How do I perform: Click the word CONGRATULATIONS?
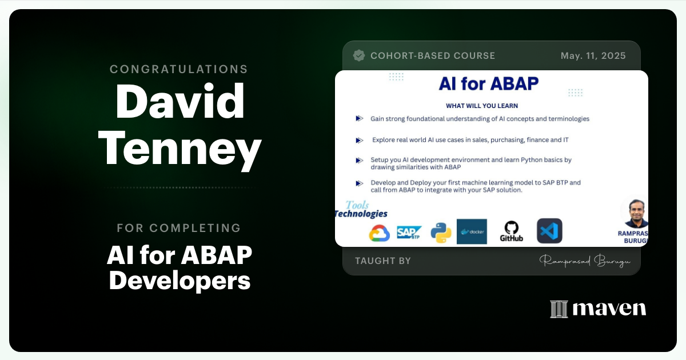[179, 69]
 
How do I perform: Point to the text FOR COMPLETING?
[179, 228]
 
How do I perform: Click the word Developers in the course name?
[180, 281]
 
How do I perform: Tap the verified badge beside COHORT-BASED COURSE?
[359, 55]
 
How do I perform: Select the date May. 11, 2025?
[593, 55]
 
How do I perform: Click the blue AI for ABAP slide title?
[488, 83]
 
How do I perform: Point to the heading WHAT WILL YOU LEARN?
[482, 106]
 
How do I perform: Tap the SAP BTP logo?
[409, 232]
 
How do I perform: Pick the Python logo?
[441, 231]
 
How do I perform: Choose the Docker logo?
[472, 231]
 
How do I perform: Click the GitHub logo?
[511, 231]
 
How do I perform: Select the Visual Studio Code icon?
[549, 231]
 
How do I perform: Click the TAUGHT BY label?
[383, 261]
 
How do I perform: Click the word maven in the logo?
[609, 309]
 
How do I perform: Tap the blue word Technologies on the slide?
[361, 214]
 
